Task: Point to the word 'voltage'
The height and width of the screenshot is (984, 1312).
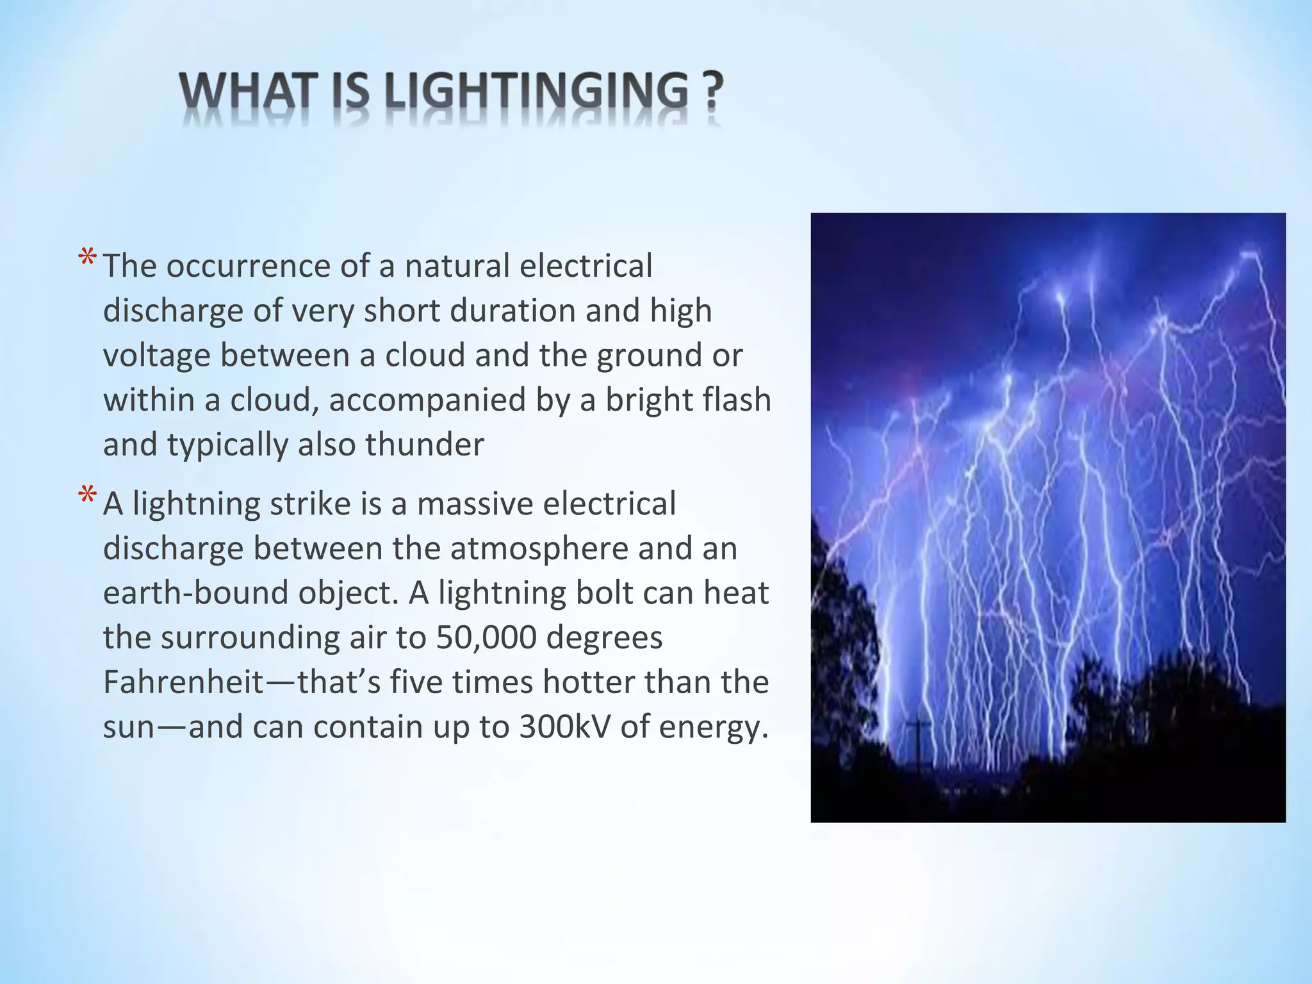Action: (156, 356)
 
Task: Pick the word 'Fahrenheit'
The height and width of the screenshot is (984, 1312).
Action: (183, 682)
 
